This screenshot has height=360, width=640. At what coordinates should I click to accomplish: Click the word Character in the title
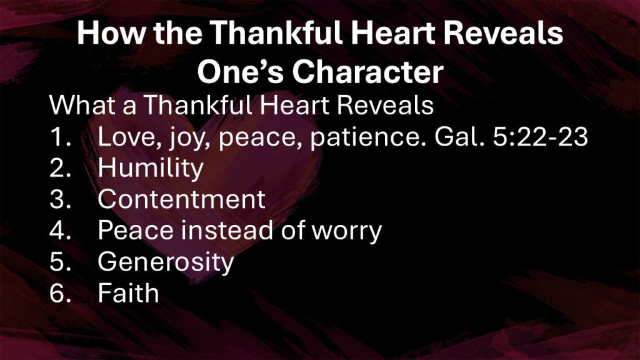click(x=367, y=72)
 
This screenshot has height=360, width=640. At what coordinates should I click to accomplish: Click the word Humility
click(x=150, y=167)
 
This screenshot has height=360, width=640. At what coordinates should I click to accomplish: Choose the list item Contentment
click(x=182, y=199)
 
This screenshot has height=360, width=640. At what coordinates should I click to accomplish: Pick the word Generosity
click(x=166, y=262)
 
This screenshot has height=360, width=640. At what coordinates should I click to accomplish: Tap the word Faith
click(x=128, y=292)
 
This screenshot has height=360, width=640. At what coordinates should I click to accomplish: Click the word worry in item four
click(x=346, y=231)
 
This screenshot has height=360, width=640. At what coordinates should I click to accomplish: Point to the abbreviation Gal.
click(x=459, y=136)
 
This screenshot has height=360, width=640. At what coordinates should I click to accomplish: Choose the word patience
click(x=367, y=137)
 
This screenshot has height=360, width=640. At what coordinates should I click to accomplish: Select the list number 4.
click(x=60, y=230)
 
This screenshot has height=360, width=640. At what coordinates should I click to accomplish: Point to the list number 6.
click(x=60, y=292)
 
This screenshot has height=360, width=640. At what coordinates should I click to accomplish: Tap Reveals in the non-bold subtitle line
click(x=385, y=105)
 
